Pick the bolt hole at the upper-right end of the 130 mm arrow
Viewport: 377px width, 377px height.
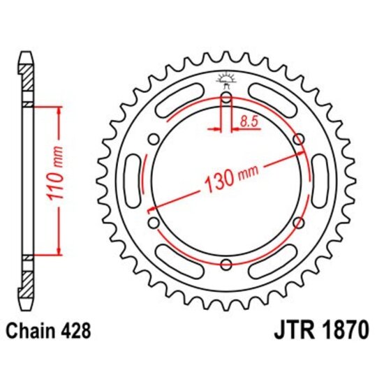[298, 140]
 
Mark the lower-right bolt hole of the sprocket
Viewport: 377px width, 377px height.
[298, 223]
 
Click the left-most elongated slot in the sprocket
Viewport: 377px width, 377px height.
[132, 181]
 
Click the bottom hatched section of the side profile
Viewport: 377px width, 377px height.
[27, 282]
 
